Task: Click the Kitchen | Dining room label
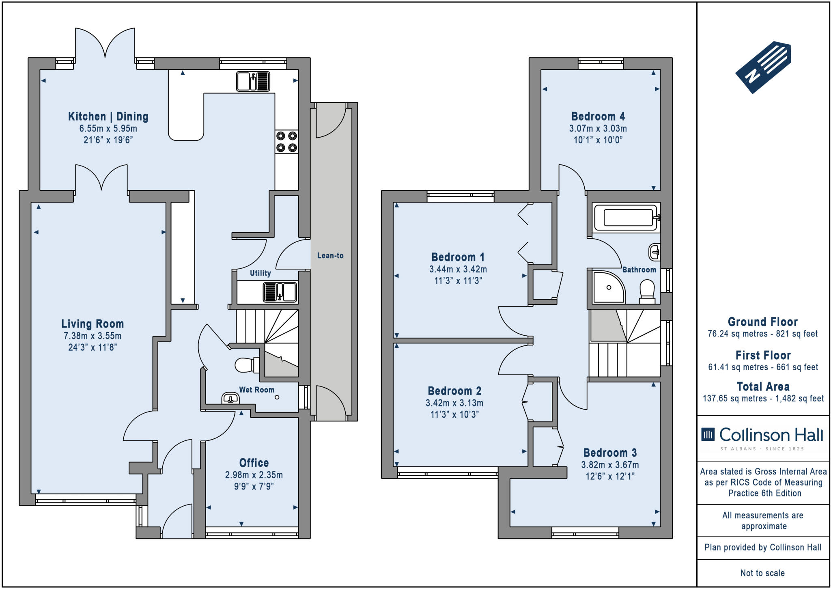[x=108, y=117]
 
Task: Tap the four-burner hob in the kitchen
[x=286, y=142]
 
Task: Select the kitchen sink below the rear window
[x=253, y=81]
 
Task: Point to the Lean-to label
[x=330, y=255]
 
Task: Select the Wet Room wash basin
[x=230, y=398]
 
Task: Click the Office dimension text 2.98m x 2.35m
[x=254, y=475]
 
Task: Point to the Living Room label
[x=93, y=324]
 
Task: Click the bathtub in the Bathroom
[x=626, y=218]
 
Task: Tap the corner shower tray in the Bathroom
[x=609, y=287]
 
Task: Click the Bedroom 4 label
[x=598, y=117]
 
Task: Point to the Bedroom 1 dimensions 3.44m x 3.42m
[x=458, y=269]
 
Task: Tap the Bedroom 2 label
[x=454, y=391]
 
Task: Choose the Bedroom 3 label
[x=610, y=453]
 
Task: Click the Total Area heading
[x=763, y=386]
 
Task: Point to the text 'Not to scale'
[x=762, y=573]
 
